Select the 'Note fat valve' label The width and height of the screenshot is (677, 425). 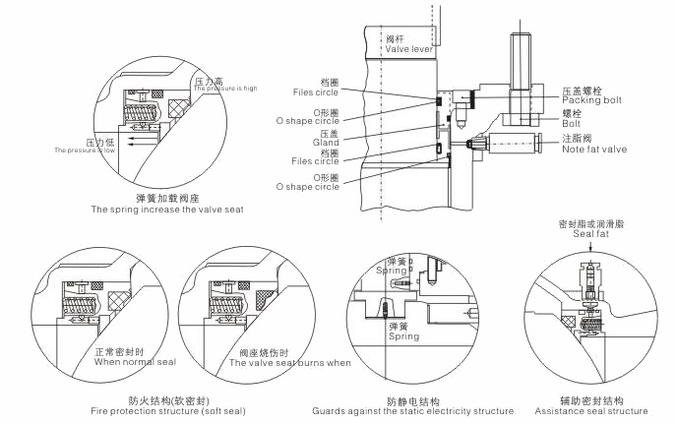[593, 149]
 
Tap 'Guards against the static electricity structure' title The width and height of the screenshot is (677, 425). [412, 410]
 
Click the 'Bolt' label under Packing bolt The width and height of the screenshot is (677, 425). [571, 125]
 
